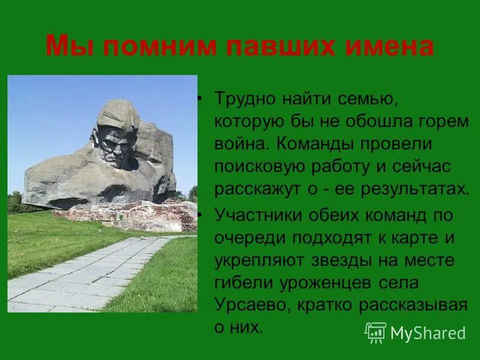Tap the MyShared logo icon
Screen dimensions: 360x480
[x=376, y=332]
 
